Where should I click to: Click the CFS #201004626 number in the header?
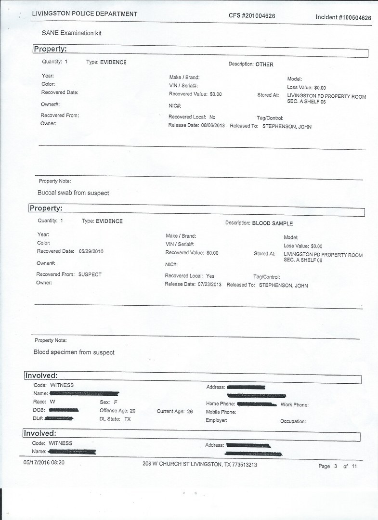click(252, 16)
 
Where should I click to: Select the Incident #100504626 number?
click(343, 18)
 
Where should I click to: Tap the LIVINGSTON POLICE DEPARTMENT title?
click(84, 14)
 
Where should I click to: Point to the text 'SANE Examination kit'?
click(72, 33)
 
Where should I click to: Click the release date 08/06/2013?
click(213, 126)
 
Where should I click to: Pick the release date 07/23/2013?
click(209, 285)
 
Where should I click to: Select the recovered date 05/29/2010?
click(91, 251)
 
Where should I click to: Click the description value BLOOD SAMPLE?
click(273, 223)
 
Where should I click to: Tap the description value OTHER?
click(264, 65)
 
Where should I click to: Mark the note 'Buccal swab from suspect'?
click(73, 193)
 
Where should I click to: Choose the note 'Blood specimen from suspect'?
click(74, 352)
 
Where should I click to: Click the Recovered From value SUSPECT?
click(90, 274)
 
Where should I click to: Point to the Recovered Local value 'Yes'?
click(210, 276)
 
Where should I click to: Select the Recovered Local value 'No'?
click(212, 117)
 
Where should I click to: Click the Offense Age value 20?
click(132, 411)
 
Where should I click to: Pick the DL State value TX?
click(128, 419)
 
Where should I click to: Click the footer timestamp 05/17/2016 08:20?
click(44, 462)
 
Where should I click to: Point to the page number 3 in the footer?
click(335, 466)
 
